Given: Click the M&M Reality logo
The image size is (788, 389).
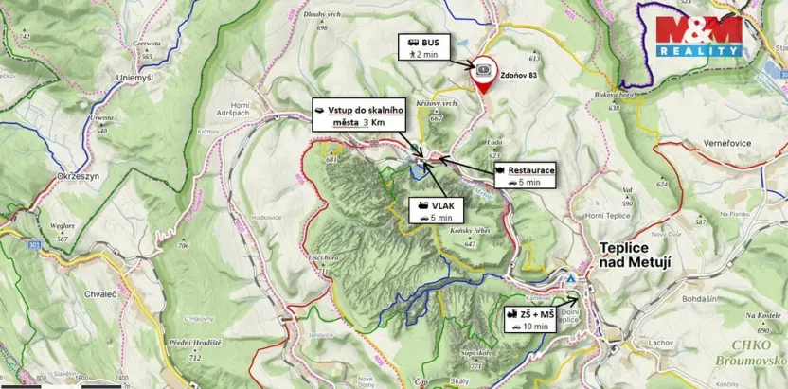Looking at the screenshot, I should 700,35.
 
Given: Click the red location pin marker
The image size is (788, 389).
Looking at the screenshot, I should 483,76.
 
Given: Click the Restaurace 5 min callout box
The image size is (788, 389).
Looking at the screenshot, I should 524,175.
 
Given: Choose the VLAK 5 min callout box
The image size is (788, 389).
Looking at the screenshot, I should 430,210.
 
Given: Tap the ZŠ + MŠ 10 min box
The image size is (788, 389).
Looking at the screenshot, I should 528,319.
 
